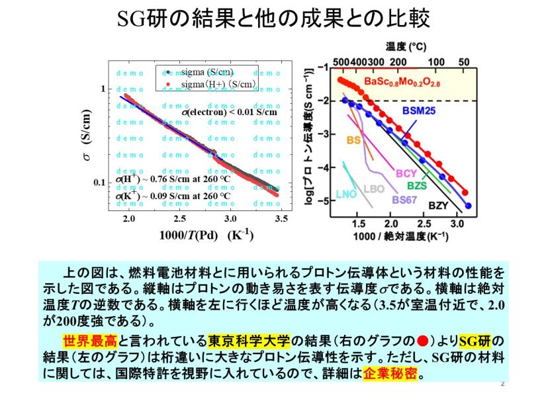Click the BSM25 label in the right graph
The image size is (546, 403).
(418, 111)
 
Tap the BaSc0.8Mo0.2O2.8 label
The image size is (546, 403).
(402, 81)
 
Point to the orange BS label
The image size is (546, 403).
(353, 140)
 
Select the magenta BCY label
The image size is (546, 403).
(406, 173)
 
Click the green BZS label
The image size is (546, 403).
(416, 185)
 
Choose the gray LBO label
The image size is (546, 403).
(374, 189)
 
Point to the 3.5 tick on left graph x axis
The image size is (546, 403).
(281, 218)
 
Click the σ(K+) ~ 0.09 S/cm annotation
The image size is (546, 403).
(173, 195)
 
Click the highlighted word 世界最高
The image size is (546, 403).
(89, 341)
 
